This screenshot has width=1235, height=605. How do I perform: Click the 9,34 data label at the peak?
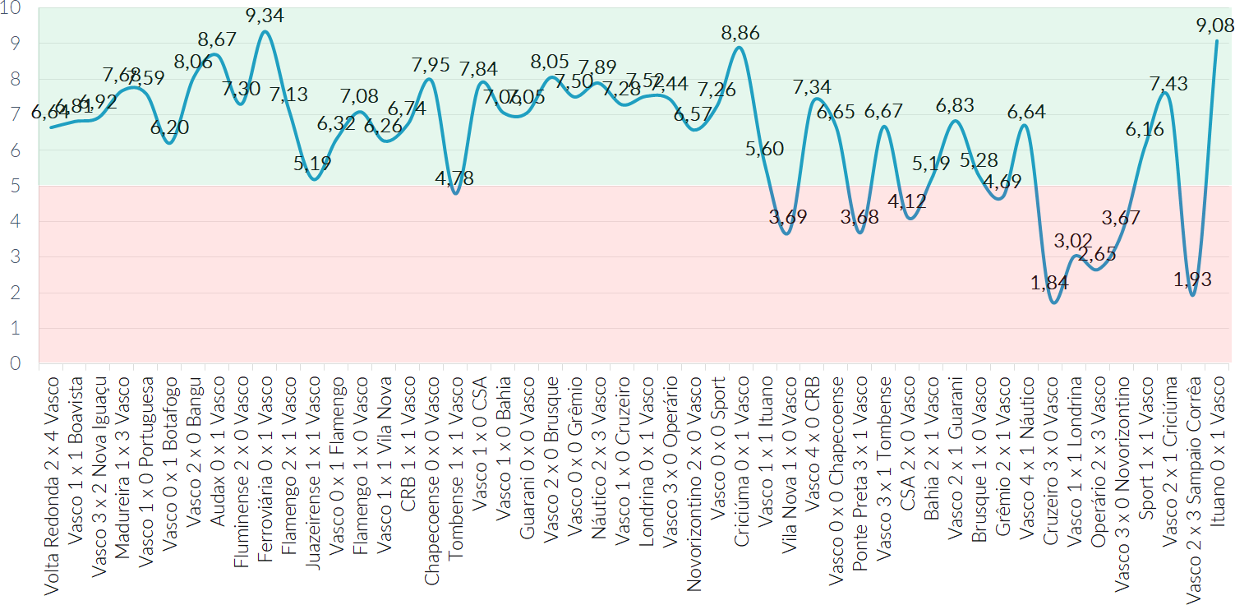(265, 15)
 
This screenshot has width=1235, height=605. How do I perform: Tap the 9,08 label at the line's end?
(1215, 25)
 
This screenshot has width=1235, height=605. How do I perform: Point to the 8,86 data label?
(740, 33)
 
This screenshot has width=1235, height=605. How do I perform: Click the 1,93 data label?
(1191, 279)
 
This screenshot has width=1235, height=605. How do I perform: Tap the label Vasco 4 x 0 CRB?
(813, 432)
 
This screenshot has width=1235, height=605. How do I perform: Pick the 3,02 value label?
(1075, 241)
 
